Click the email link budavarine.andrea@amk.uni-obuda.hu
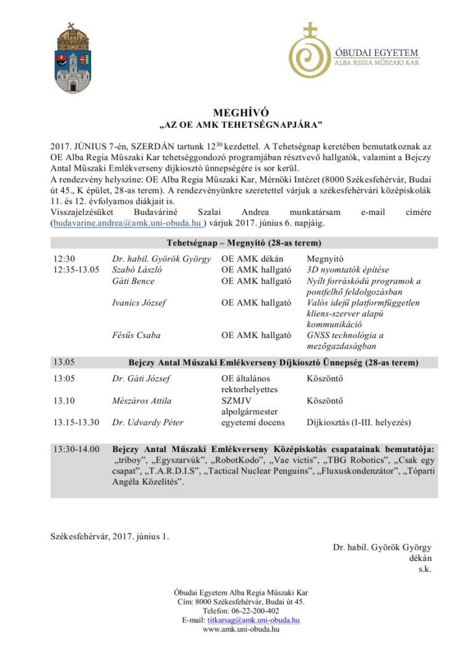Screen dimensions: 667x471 click(x=129, y=223)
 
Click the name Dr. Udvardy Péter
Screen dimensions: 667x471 click(x=147, y=423)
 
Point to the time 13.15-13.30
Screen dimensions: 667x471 click(x=77, y=423)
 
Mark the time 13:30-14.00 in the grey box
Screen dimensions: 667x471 click(x=77, y=449)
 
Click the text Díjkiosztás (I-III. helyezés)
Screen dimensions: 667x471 click(x=358, y=423)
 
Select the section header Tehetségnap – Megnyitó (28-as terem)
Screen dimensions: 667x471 click(x=243, y=244)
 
